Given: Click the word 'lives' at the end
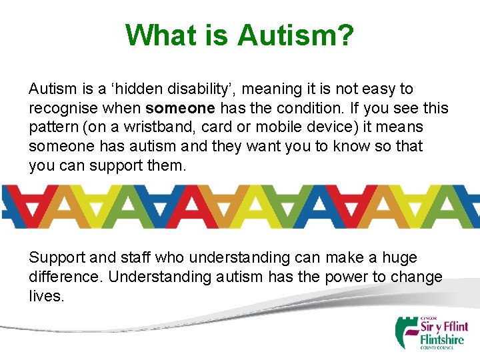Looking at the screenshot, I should point(45,295).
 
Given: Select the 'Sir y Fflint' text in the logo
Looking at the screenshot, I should point(443,327).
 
